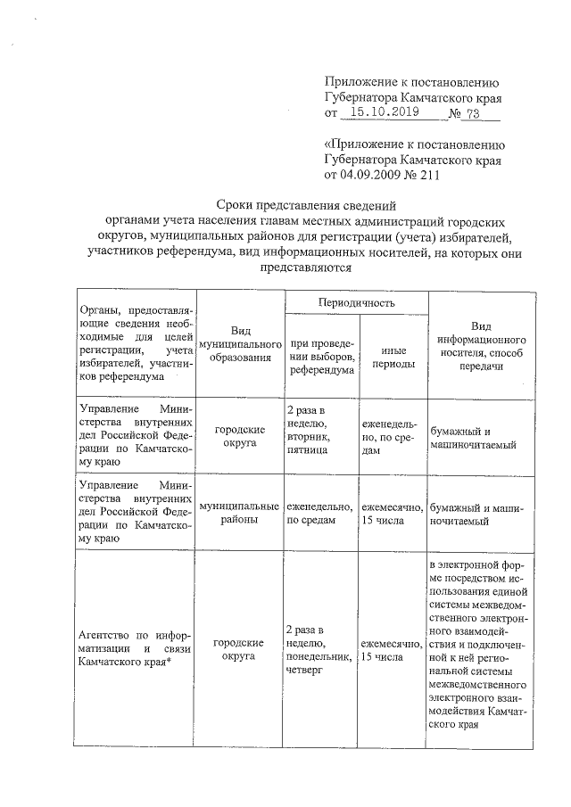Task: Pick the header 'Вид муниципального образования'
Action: [239, 343]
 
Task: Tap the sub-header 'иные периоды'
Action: [392, 358]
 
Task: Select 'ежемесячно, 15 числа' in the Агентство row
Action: [392, 650]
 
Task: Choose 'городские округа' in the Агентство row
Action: [239, 650]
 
